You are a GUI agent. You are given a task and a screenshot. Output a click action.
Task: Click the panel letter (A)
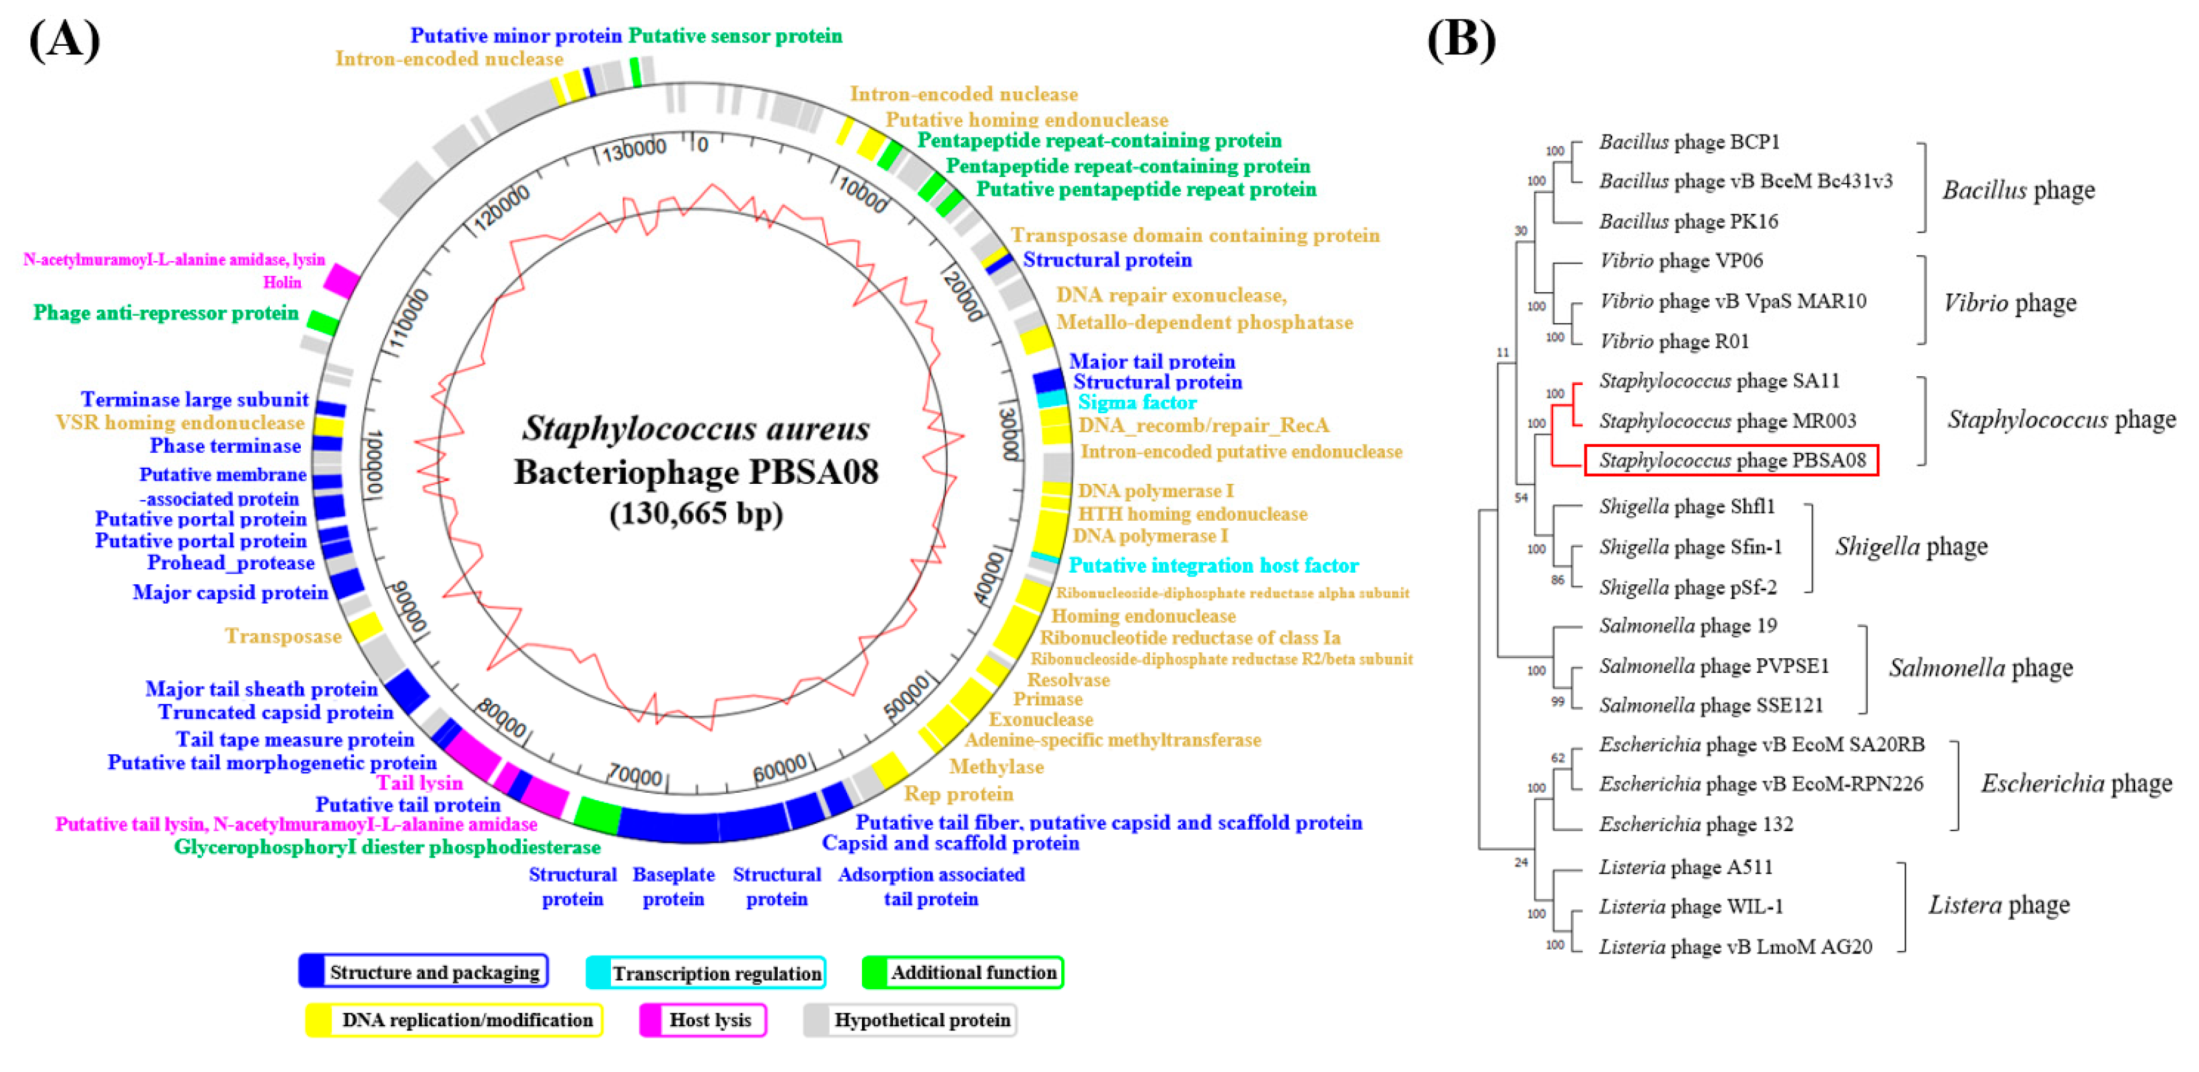tap(64, 40)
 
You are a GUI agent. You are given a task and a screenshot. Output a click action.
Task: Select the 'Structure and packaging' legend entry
tap(423, 971)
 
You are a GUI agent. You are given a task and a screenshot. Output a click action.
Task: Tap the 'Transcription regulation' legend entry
tap(706, 972)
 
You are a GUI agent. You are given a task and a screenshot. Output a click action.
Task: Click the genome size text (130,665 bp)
tap(696, 514)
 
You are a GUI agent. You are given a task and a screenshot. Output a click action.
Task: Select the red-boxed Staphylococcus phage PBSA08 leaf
tap(1731, 460)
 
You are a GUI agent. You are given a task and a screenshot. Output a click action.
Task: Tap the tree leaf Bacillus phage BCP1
tap(1688, 142)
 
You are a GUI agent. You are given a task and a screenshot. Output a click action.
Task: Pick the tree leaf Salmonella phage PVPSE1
tap(1713, 666)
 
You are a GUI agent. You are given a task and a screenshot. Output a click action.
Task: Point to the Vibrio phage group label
tap(2009, 302)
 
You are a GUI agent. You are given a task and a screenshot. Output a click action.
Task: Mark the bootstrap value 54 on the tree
tap(1520, 497)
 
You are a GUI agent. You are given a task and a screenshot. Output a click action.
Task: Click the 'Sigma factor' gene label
tap(1137, 402)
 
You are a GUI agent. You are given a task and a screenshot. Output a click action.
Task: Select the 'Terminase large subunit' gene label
tap(194, 400)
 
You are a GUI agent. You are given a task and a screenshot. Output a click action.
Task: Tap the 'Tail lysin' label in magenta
tap(419, 783)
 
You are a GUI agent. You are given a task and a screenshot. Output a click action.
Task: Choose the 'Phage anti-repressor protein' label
tap(166, 312)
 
